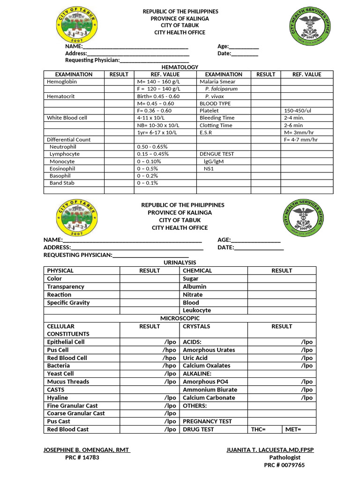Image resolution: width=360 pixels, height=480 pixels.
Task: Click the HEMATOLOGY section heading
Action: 180,67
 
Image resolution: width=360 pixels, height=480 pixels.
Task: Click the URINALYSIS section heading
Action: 180,262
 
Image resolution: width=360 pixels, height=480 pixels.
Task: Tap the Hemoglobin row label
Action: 62,82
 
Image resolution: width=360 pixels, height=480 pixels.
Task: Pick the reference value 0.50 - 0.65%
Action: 152,147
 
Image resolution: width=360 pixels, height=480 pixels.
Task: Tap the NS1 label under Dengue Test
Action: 209,168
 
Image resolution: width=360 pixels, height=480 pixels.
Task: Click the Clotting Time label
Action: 216,125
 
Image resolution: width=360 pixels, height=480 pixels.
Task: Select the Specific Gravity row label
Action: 68,303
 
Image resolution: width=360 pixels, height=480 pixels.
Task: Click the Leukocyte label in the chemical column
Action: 197,310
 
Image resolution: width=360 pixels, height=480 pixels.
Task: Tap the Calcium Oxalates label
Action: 207,366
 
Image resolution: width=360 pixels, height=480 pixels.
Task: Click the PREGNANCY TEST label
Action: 207,421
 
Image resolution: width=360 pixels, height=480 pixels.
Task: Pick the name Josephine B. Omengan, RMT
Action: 87,450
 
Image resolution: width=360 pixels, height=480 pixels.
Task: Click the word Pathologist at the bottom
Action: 285,457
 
